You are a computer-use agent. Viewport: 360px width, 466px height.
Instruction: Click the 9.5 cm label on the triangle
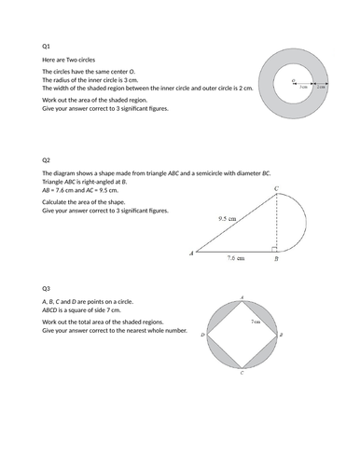tap(225, 219)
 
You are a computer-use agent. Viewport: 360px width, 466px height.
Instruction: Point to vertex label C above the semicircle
tap(275, 188)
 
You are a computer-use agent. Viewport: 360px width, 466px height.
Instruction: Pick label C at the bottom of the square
tap(242, 375)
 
